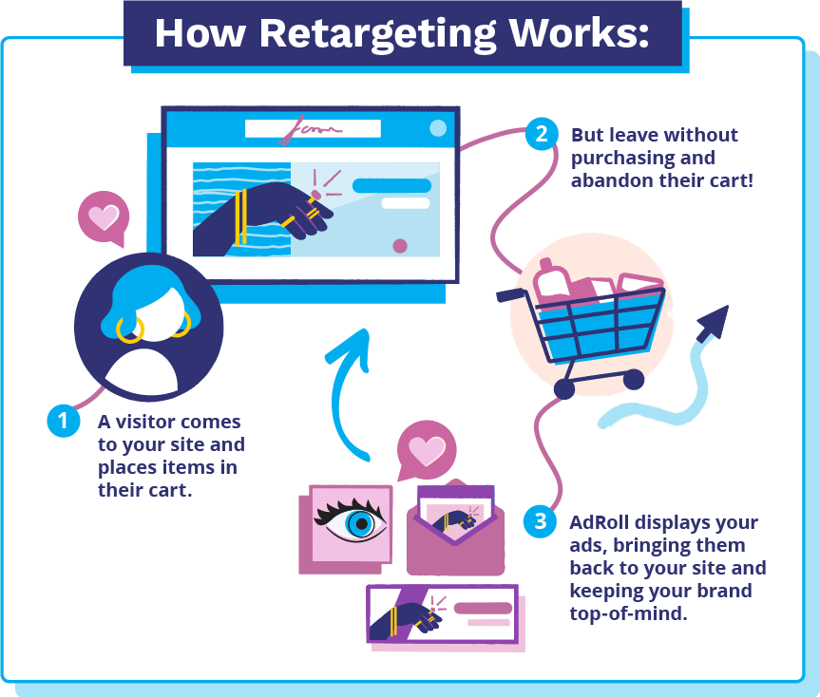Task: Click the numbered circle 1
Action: coord(64,421)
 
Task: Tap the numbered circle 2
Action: coord(542,134)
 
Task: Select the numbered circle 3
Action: coord(541,521)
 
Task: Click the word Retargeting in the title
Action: coord(377,34)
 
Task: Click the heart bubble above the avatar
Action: coord(104,217)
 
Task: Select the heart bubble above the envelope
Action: coord(427,450)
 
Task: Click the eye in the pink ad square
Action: coord(352,522)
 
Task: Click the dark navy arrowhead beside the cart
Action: coord(714,322)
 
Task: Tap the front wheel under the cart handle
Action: coord(564,388)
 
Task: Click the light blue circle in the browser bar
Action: coord(438,128)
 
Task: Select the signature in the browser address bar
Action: coord(310,129)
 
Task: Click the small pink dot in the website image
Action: coord(400,246)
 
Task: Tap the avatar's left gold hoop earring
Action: coord(129,330)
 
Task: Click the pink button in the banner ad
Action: coord(483,608)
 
